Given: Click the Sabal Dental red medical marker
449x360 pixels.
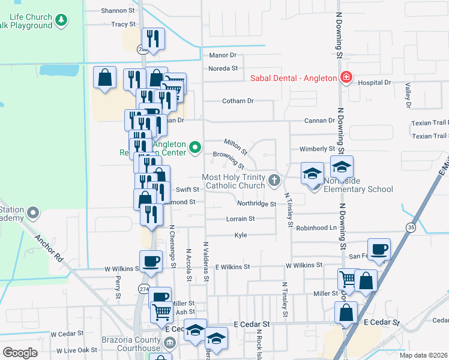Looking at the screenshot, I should click(346, 77).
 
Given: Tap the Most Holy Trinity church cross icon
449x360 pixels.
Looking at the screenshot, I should click(275, 179).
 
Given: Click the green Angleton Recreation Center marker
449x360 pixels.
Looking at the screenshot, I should click(194, 147).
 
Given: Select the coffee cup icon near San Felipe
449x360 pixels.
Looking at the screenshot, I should click(379, 250).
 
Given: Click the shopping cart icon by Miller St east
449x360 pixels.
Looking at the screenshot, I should click(348, 279).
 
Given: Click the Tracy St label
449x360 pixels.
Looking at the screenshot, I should click(123, 25).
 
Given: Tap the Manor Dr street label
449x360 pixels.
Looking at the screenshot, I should click(223, 55).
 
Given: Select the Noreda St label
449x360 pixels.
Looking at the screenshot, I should click(223, 68).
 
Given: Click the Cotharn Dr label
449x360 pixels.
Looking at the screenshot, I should click(238, 101).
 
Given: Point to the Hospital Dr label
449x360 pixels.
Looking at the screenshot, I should click(375, 82).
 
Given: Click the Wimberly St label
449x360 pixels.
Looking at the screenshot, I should click(316, 149).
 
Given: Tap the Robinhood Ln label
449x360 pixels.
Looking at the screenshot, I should click(316, 228).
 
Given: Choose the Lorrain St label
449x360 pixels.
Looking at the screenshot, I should click(240, 219).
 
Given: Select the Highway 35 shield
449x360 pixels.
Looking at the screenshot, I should click(411, 227).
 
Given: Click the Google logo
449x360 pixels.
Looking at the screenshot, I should click(20, 353).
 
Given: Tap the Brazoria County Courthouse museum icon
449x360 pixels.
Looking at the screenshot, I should click(170, 343).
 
